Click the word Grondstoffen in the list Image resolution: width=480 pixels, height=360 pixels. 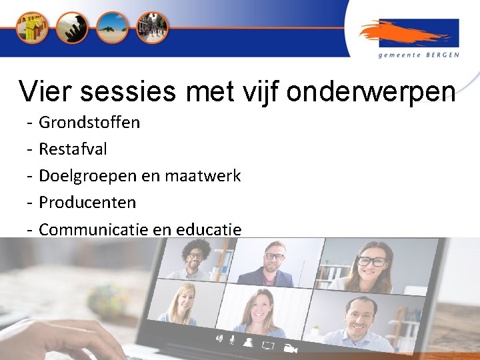(x=89, y=123)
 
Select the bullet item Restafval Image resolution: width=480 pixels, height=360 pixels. (x=73, y=149)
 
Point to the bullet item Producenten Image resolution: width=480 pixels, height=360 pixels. (x=87, y=203)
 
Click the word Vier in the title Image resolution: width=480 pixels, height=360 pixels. (x=43, y=92)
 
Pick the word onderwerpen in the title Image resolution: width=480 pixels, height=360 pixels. (x=371, y=92)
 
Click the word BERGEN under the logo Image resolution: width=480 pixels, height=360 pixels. (x=443, y=55)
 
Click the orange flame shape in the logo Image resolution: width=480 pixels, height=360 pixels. (x=400, y=33)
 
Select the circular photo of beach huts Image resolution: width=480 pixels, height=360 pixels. (x=32, y=27)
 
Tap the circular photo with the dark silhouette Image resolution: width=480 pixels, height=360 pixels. (x=71, y=27)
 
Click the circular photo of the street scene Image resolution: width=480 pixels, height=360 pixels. (x=153, y=27)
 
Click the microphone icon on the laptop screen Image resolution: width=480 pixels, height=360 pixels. (x=232, y=340)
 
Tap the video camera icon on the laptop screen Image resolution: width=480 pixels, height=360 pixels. (x=289, y=347)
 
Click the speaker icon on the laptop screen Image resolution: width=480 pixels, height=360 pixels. (x=218, y=338)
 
